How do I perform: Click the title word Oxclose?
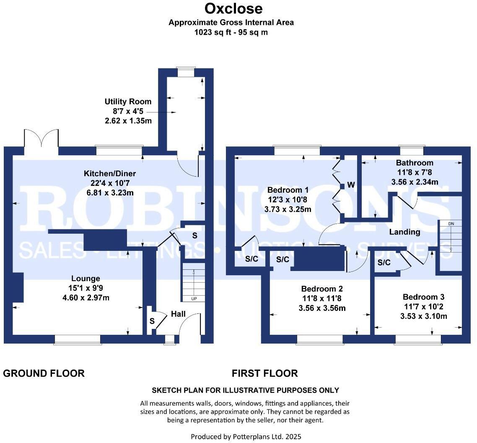coord(233,8)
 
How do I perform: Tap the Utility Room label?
coord(128,102)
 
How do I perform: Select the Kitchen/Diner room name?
coord(110,173)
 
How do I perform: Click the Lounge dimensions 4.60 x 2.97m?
coord(86,298)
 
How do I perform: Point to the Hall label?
coord(178,314)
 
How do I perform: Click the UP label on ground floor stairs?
coord(193,299)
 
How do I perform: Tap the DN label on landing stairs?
coord(451,224)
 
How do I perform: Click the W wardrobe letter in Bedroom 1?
coord(351,185)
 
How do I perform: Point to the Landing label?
coord(404,232)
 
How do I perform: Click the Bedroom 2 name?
coord(322,289)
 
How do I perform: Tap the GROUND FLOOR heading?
coord(44,373)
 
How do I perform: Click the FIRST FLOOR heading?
coord(264,373)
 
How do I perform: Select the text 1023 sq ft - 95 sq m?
coord(231,32)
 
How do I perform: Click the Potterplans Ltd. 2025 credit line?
coord(246,436)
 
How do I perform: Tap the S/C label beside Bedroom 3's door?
coord(384,263)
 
